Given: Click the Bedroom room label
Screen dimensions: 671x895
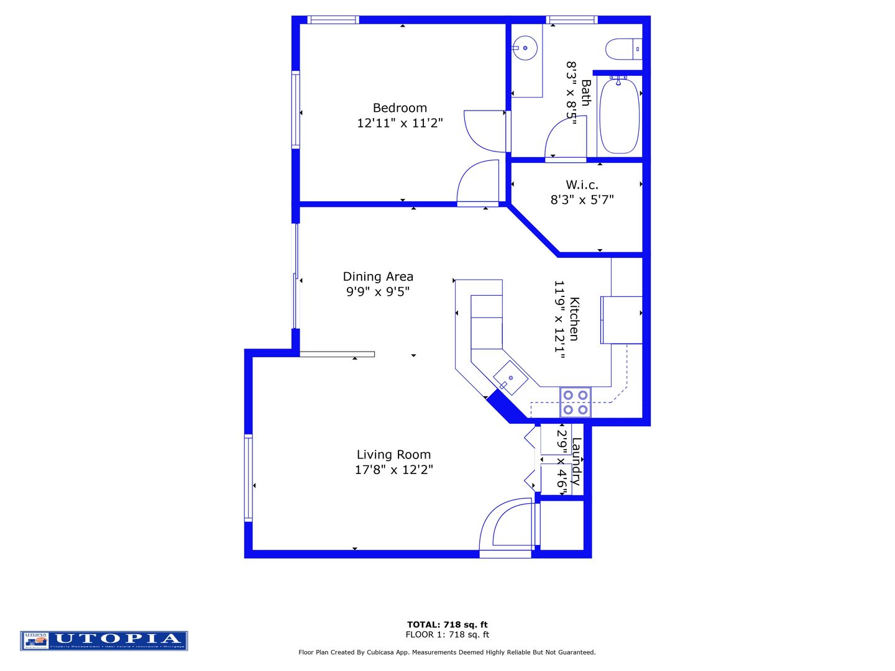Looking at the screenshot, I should pyautogui.click(x=400, y=108).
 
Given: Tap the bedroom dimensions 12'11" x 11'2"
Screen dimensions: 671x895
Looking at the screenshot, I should pyautogui.click(x=400, y=123).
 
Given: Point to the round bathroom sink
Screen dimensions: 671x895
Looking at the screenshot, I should pyautogui.click(x=526, y=47).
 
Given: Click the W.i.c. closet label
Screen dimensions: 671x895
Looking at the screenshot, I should pyautogui.click(x=582, y=185).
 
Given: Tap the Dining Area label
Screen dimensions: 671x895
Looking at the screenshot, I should pyautogui.click(x=378, y=276).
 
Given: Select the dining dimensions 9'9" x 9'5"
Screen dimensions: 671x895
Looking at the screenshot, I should pyautogui.click(x=378, y=291).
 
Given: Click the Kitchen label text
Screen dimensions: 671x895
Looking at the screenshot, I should pyautogui.click(x=574, y=319).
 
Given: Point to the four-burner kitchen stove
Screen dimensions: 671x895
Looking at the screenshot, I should pyautogui.click(x=576, y=402).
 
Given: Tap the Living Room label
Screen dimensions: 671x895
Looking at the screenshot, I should pyautogui.click(x=393, y=455).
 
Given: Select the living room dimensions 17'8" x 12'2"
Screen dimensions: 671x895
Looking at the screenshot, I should pyautogui.click(x=393, y=470).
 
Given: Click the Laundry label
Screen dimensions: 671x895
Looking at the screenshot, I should pyautogui.click(x=576, y=461).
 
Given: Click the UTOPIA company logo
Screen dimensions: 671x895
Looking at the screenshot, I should pyautogui.click(x=104, y=640).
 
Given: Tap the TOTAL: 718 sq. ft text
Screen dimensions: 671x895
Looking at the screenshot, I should pyautogui.click(x=447, y=624).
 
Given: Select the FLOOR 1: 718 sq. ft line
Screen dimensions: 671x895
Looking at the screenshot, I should pyautogui.click(x=447, y=634).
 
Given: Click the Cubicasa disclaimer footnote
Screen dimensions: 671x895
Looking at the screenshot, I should pyautogui.click(x=447, y=652).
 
